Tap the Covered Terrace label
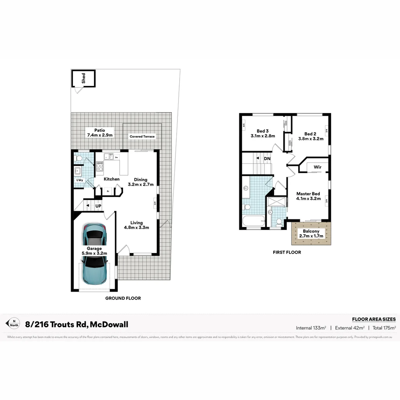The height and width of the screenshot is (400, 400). click(x=142, y=137)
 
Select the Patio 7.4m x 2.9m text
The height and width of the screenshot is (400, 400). click(x=100, y=133)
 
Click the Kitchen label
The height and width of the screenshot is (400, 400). click(x=111, y=179)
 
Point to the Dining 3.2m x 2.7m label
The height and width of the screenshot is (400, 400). click(x=140, y=182)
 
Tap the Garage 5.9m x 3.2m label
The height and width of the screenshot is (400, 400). click(x=94, y=251)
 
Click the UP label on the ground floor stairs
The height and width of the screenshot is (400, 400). click(x=99, y=206)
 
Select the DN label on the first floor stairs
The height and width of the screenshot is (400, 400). click(x=267, y=159)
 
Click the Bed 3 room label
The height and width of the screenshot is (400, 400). click(x=263, y=133)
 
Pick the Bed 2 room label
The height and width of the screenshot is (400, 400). click(x=311, y=136)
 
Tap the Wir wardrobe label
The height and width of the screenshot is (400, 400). click(x=317, y=167)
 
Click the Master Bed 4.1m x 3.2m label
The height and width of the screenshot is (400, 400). click(x=308, y=196)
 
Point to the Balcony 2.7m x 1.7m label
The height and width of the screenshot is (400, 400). click(x=311, y=233)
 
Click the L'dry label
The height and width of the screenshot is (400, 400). click(x=79, y=180)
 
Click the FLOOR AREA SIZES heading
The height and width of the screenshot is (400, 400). click(x=374, y=319)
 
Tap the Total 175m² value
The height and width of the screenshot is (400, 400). click(x=384, y=328)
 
